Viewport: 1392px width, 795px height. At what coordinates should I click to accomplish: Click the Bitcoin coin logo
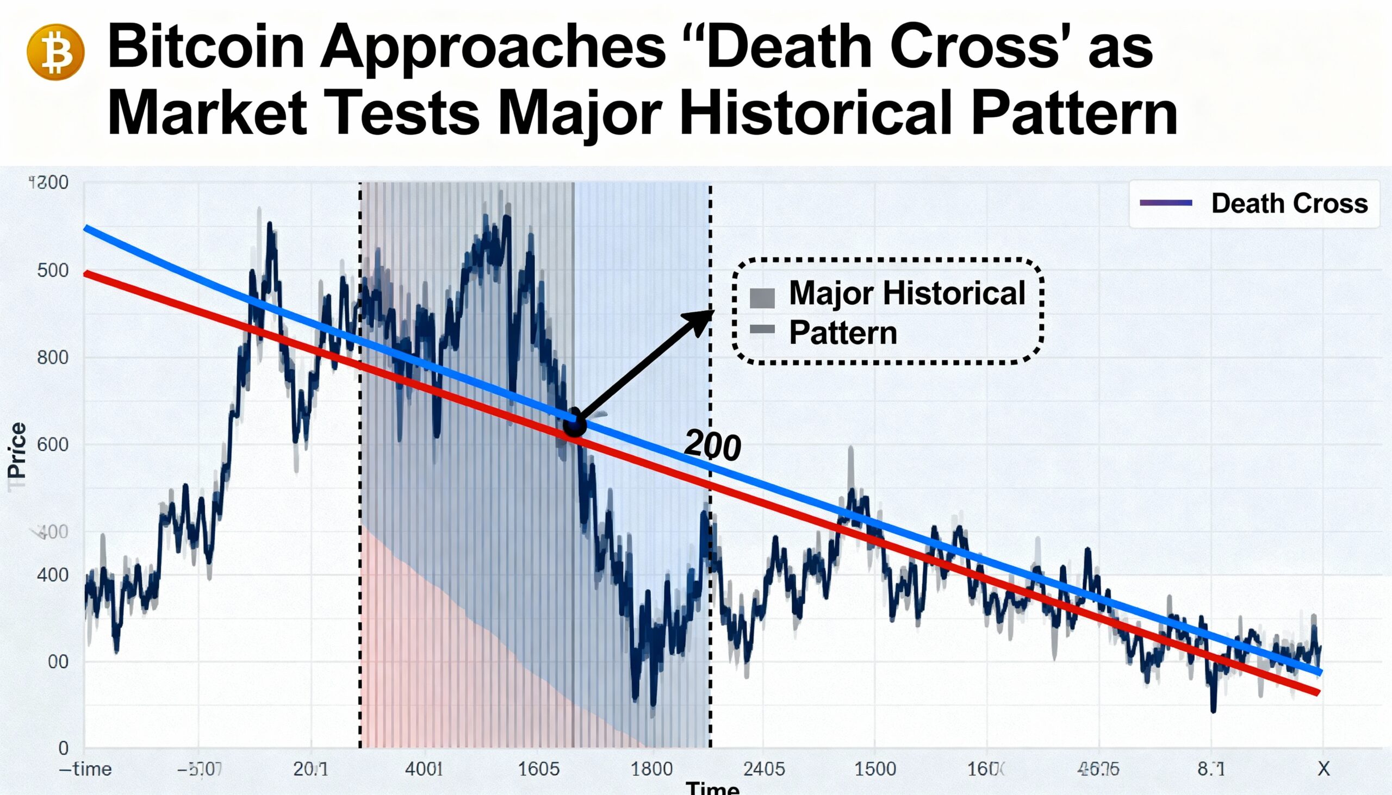click(x=55, y=52)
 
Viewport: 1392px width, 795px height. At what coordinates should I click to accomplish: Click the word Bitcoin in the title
click(x=206, y=47)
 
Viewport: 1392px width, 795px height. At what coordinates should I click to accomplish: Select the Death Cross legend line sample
click(x=1165, y=203)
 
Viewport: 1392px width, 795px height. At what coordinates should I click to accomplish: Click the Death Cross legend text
click(x=1289, y=204)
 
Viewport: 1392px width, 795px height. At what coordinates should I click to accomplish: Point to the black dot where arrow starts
click(x=574, y=424)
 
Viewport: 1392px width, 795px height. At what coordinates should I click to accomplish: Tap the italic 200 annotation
click(x=712, y=446)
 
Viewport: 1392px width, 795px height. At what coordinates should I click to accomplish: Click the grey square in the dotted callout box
click(x=762, y=298)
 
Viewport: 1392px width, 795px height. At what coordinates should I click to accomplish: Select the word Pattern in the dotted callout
click(x=843, y=333)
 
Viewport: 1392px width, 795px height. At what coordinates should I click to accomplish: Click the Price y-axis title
click(x=17, y=450)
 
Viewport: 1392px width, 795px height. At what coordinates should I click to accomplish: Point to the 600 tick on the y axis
click(x=52, y=445)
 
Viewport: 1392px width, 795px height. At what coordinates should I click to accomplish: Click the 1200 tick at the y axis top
click(x=48, y=183)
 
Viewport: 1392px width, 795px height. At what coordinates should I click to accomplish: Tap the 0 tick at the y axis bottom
click(x=64, y=748)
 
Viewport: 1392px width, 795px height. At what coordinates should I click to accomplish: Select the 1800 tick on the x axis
click(x=651, y=769)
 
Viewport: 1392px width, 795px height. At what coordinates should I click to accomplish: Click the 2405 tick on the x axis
click(x=764, y=769)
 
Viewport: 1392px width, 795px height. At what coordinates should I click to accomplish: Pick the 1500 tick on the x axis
click(x=875, y=769)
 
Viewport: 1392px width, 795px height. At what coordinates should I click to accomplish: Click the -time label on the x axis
click(x=85, y=769)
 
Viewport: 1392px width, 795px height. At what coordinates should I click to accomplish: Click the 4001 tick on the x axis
click(x=424, y=769)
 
